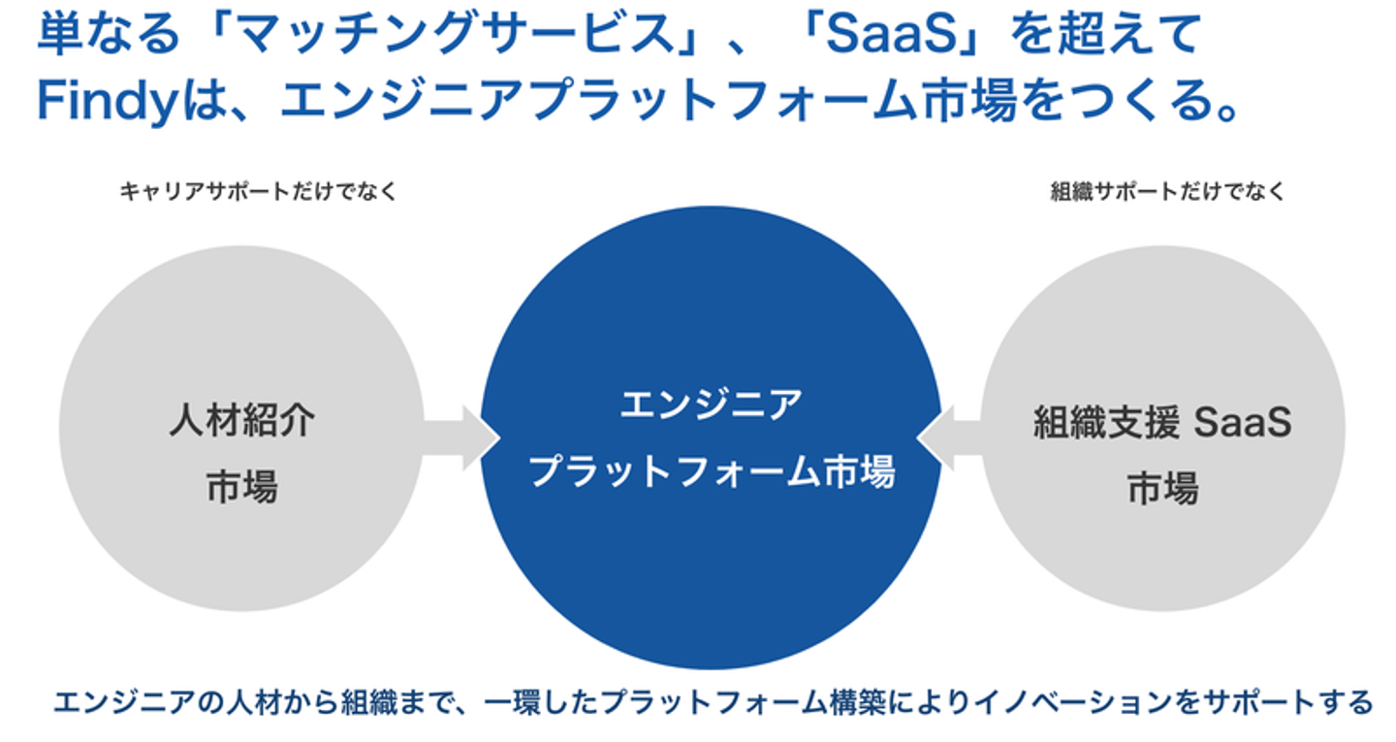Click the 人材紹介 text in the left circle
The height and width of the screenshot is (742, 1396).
[241, 423]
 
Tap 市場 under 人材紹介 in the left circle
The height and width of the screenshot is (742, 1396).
[241, 486]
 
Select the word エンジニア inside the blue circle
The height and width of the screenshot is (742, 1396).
[711, 405]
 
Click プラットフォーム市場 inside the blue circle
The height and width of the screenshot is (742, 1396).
[711, 472]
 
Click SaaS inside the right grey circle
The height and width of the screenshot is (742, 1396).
[1242, 424]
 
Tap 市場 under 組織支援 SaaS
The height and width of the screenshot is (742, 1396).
[1162, 488]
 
